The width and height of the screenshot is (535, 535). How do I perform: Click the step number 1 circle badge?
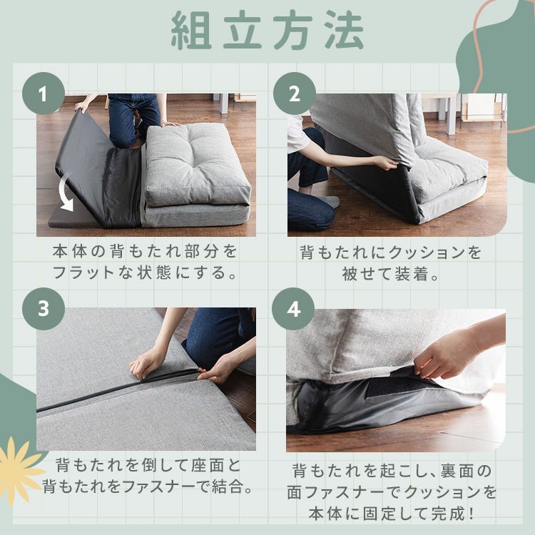44,93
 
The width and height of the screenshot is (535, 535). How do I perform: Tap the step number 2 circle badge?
293,93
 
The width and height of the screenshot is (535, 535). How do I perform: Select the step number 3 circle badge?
44,309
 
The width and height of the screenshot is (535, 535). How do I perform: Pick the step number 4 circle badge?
293,309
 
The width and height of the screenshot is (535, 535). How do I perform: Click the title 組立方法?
267,30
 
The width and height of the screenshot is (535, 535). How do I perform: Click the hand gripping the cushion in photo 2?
386,163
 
